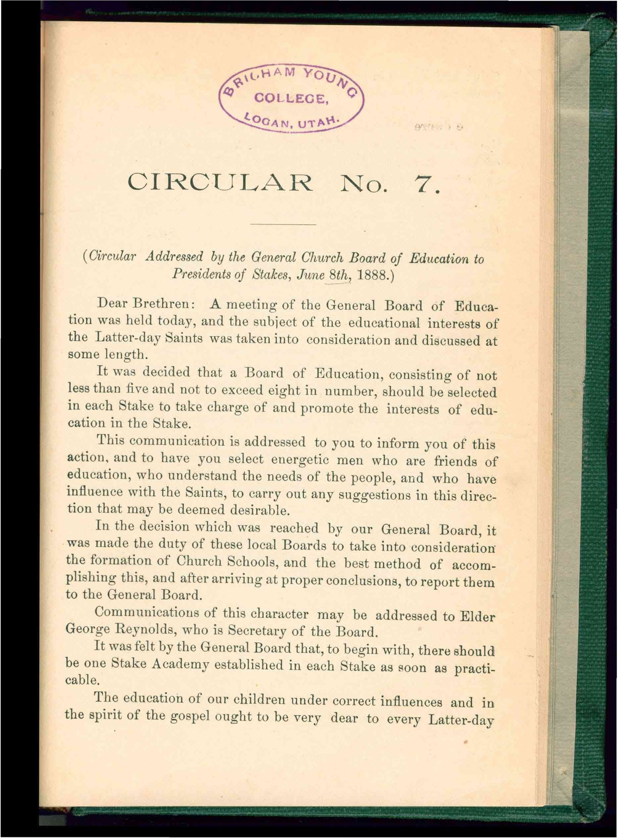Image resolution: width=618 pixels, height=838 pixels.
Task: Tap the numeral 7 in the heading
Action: [421, 183]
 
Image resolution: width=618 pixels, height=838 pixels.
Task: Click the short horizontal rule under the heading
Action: [283, 224]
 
